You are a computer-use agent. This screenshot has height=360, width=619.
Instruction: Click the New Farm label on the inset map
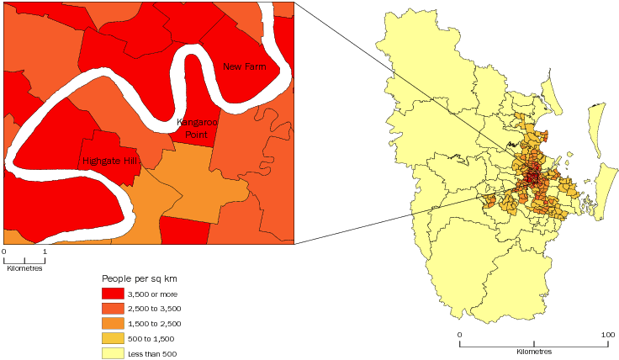(244, 66)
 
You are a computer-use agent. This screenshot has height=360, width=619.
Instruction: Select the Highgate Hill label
(108, 160)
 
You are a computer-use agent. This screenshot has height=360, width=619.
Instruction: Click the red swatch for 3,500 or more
(113, 293)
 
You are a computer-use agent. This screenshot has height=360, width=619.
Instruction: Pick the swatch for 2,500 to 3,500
(113, 308)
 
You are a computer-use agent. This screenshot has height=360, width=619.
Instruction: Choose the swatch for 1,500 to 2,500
(113, 323)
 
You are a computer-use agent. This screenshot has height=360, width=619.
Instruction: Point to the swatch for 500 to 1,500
(113, 338)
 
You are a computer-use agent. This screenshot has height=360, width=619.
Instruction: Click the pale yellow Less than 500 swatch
(113, 353)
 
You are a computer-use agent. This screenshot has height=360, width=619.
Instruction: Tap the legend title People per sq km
(140, 278)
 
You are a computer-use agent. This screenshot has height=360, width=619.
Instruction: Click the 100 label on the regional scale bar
(607, 335)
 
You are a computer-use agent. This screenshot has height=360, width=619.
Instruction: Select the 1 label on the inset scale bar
(44, 251)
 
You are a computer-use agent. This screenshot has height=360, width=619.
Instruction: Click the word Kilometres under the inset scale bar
(24, 268)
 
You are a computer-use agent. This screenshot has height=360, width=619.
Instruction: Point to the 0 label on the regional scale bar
(459, 335)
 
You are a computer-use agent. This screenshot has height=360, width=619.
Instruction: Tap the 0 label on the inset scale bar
(4, 251)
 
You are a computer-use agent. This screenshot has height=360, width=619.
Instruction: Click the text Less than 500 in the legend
(153, 353)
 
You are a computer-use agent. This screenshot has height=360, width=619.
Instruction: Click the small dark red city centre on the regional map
(532, 177)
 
